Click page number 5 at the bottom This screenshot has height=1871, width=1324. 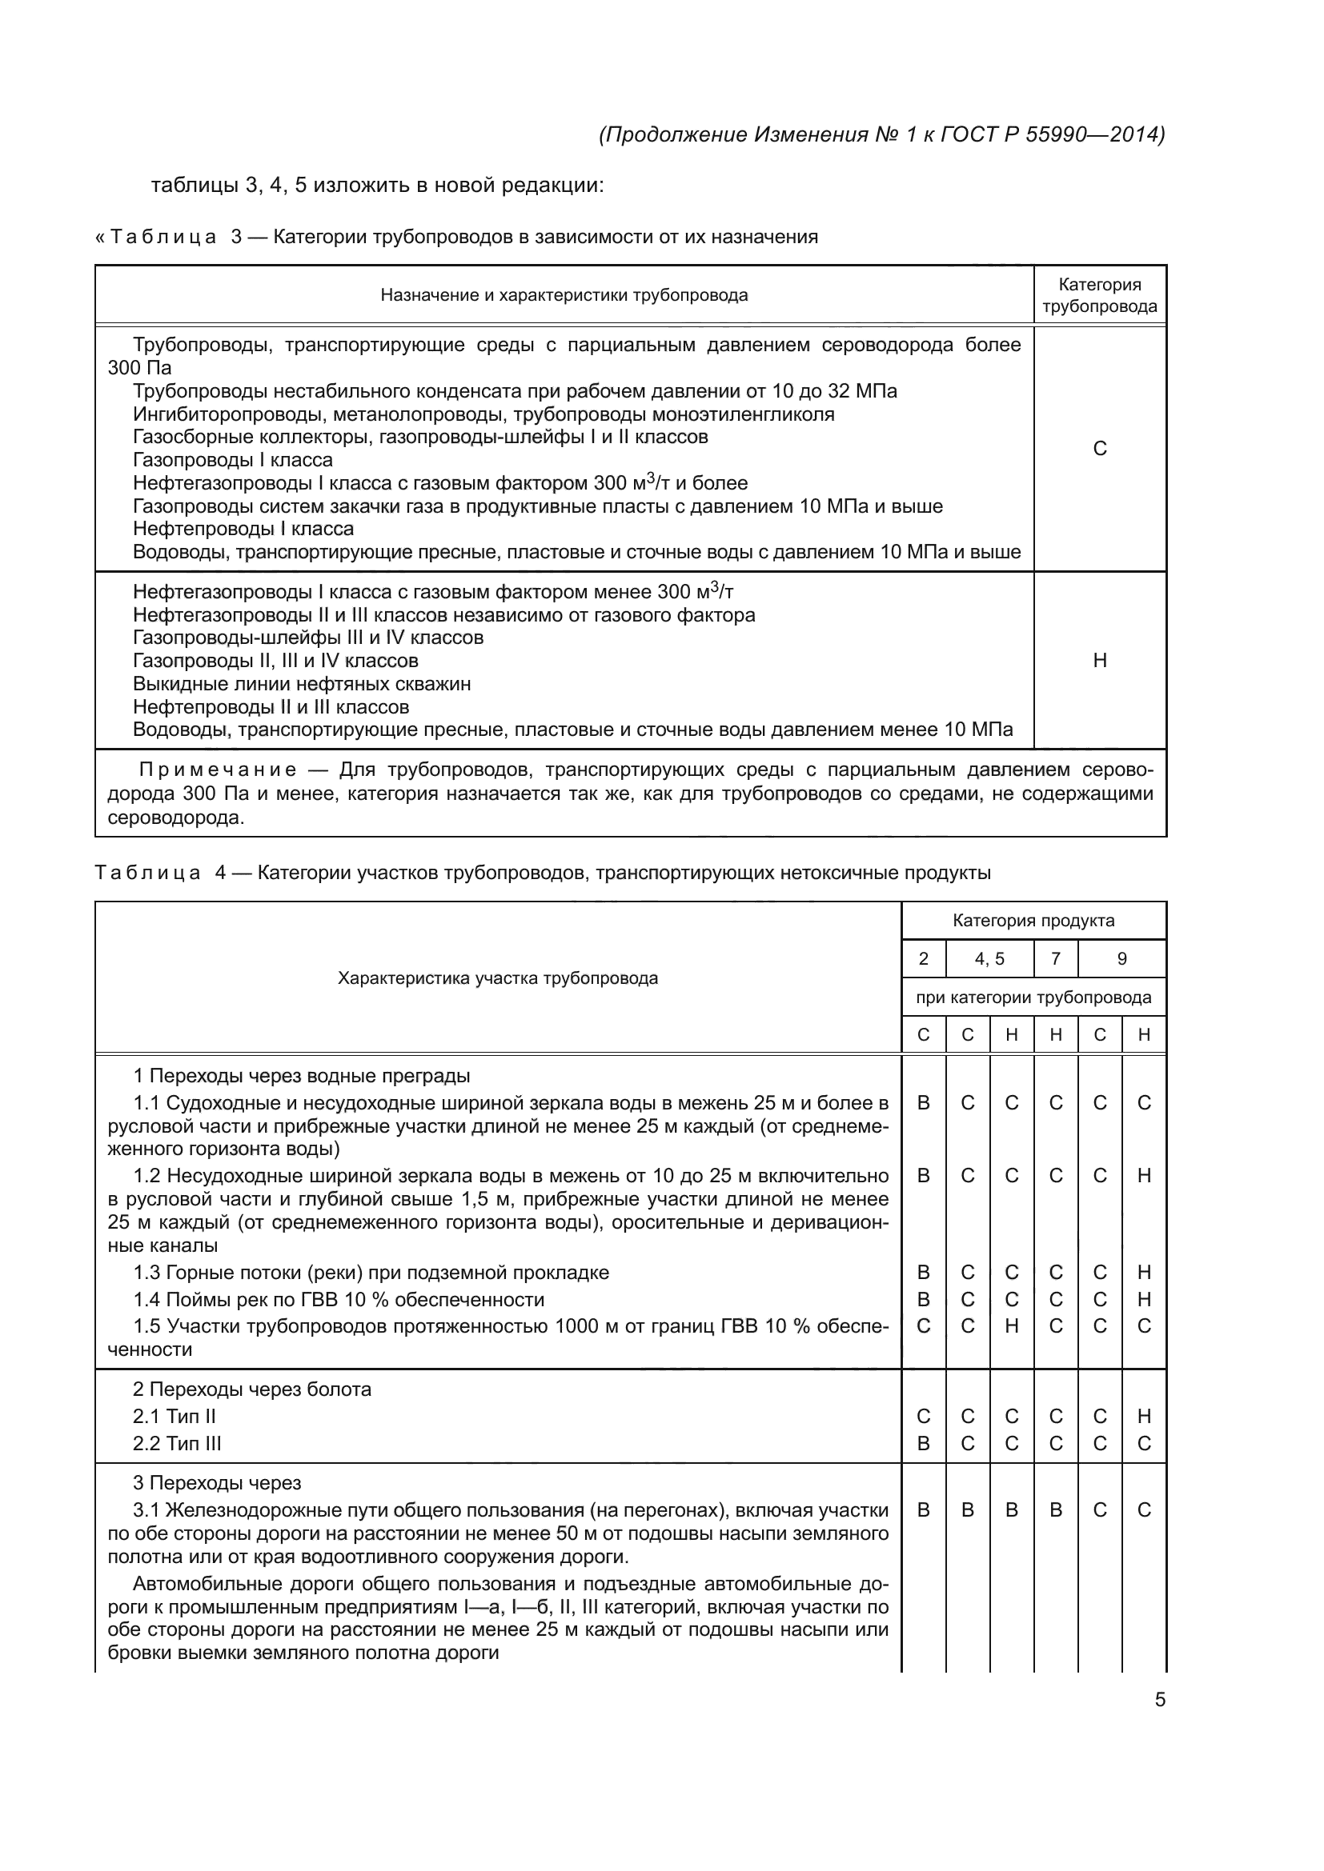pos(1159,1700)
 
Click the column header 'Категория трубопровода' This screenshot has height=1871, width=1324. pos(1099,296)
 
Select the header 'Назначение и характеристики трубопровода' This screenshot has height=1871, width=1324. pos(564,295)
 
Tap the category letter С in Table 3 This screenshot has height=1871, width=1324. pos(1099,449)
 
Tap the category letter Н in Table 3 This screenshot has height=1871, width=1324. pos(1099,660)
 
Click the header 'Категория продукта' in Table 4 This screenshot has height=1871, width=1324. pos(1033,921)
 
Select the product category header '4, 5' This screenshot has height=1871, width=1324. pos(989,959)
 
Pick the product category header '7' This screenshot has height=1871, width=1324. pos(1055,959)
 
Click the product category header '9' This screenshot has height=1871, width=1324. pos(1121,959)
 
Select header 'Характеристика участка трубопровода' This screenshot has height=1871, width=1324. pos(497,978)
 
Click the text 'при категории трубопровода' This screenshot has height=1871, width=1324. pos(1033,997)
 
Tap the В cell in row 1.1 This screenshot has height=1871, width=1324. pos(923,1103)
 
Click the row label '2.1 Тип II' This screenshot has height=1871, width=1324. pos(175,1417)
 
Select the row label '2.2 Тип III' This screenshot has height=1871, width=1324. pos(177,1443)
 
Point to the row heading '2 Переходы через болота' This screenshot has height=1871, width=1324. pos(252,1389)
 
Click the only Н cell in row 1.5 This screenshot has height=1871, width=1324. pos(1011,1325)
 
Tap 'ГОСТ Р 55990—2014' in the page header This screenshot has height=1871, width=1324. pos(1052,134)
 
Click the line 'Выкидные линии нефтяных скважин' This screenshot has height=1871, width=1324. pos(302,684)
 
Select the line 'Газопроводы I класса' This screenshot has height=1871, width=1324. pos(232,460)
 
